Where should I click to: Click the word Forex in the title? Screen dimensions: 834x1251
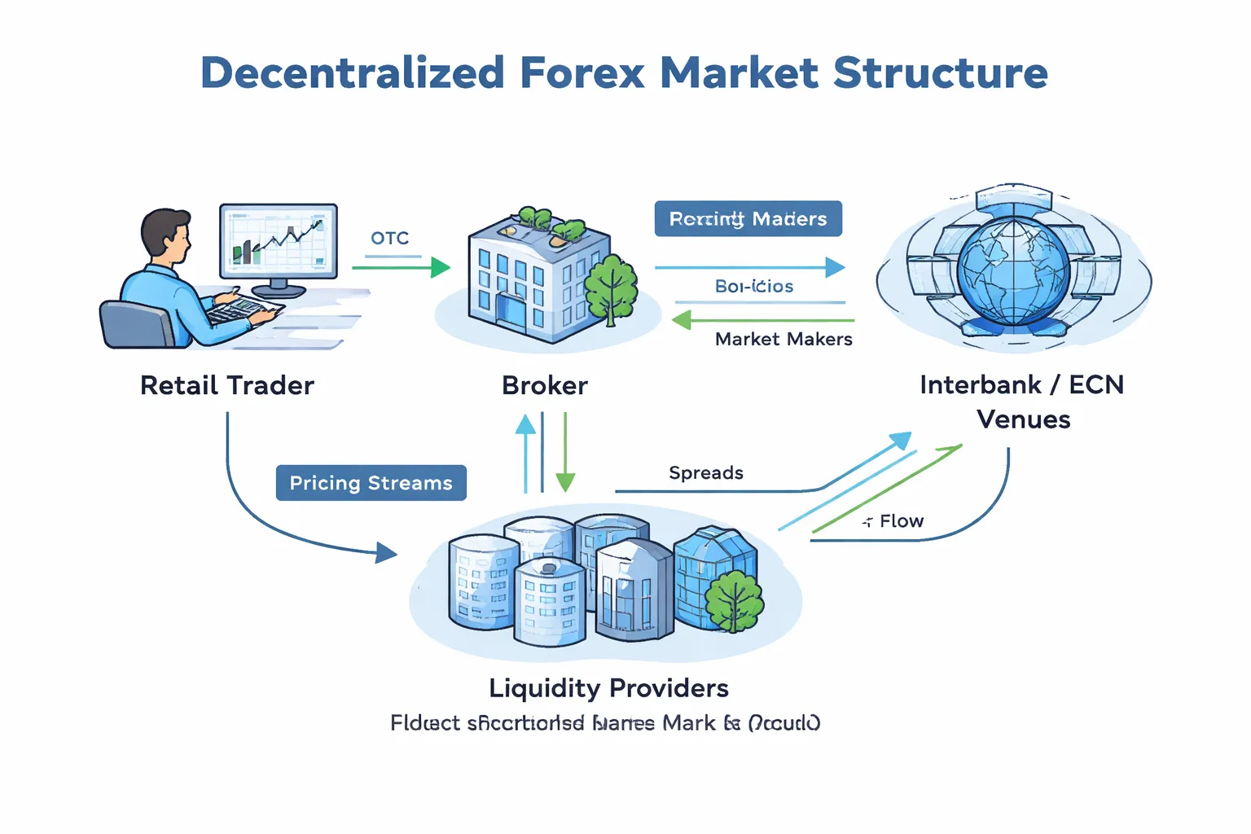(x=582, y=73)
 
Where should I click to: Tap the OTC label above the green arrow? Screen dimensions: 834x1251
(x=389, y=238)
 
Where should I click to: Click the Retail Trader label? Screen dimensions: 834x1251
(x=226, y=385)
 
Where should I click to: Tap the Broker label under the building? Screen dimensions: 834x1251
(x=544, y=385)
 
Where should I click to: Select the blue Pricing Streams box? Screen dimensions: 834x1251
(x=371, y=483)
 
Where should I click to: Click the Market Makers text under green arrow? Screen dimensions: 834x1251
(x=784, y=339)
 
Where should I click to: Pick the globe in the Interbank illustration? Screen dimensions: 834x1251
(x=1012, y=268)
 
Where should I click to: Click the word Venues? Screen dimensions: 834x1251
(x=1023, y=419)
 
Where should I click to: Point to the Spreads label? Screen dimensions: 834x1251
(x=705, y=473)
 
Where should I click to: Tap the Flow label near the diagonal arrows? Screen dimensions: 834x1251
(x=901, y=521)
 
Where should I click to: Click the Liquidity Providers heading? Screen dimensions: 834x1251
(x=608, y=688)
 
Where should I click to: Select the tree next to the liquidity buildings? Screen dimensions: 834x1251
(x=734, y=600)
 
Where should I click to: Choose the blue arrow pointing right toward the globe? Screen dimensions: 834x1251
(x=749, y=267)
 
